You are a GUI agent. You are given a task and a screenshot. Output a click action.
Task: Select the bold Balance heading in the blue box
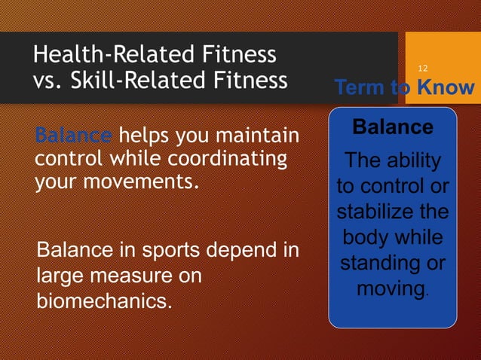(393, 127)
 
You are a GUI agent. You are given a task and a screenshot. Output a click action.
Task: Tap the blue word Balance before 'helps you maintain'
(73, 137)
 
